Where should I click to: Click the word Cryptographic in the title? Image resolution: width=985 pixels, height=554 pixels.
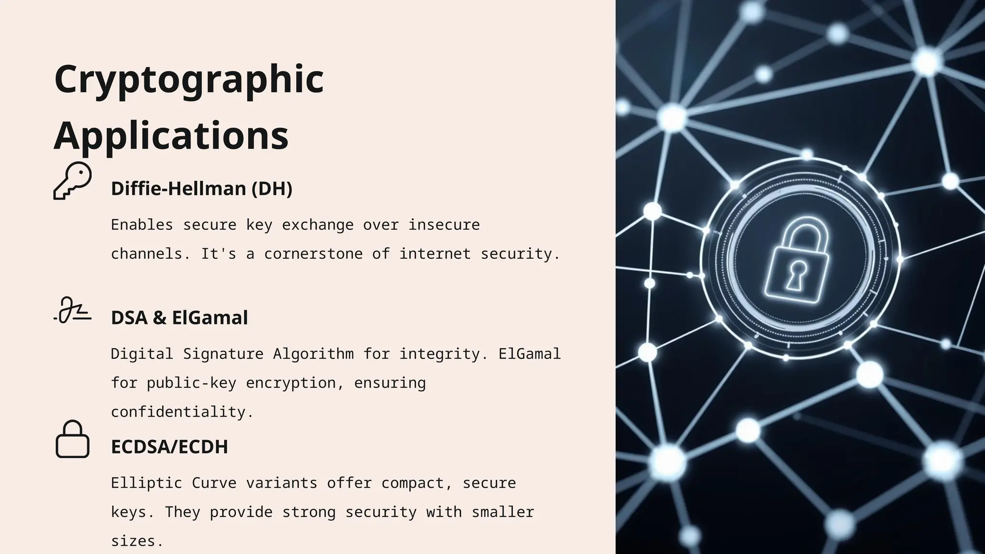point(189,79)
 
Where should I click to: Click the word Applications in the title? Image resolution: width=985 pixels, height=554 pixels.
point(171,136)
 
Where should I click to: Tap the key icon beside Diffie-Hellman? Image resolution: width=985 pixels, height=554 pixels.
point(73,180)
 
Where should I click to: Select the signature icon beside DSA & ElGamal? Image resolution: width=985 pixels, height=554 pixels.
point(73,311)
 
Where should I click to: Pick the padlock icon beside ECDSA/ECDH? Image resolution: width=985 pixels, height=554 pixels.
point(73,440)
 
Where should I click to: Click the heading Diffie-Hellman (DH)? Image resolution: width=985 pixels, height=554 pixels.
point(202,189)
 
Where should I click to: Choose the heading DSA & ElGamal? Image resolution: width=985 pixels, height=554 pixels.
point(179,318)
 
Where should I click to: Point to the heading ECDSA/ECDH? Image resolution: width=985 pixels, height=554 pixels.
point(169,447)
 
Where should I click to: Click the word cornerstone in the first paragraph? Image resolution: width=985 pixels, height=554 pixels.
point(313,253)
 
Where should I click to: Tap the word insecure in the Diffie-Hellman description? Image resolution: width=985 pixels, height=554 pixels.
point(444,225)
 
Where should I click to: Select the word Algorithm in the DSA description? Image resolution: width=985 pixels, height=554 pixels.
point(313,354)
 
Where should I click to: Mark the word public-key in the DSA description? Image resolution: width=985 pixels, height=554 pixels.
point(191,383)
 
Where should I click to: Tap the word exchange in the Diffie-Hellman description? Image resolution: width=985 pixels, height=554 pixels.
point(317,225)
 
